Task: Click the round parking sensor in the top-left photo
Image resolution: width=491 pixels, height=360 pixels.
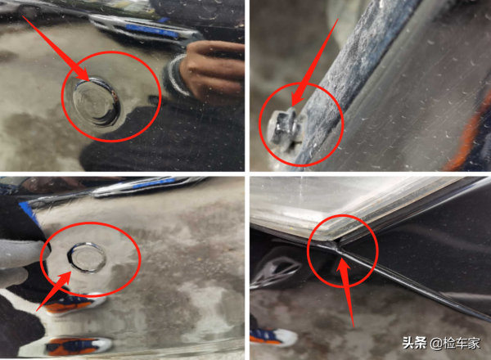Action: (96, 101)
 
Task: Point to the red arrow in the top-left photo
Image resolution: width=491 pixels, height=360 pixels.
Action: (57, 49)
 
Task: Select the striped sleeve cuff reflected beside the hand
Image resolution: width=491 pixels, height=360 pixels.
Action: (175, 75)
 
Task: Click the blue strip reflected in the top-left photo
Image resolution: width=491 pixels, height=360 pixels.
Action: (151, 30)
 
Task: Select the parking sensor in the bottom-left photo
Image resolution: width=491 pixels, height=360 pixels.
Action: (87, 257)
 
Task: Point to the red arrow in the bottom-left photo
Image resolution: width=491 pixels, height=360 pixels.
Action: (53, 291)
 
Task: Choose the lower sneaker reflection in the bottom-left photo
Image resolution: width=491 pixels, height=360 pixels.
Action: (79, 347)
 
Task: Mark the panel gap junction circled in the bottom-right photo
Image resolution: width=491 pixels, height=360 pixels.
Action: (337, 247)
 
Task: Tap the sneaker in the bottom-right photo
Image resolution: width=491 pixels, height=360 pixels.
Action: (273, 337)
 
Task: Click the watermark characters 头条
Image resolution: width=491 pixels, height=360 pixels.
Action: (414, 343)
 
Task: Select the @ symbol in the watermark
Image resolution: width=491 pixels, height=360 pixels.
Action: (436, 344)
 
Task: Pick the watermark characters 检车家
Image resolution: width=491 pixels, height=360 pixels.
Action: (462, 343)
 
